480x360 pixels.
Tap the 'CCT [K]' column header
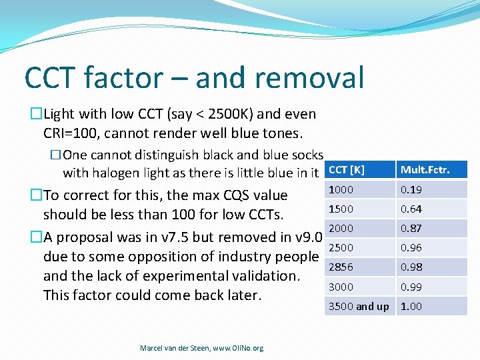[x=347, y=170]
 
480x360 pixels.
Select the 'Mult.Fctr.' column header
[x=425, y=170]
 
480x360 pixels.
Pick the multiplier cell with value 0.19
[x=411, y=190]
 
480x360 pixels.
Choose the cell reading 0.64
[x=411, y=209]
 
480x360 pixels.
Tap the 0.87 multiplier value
[x=411, y=229]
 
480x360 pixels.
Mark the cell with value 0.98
[x=411, y=267]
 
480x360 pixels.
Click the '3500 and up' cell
[x=359, y=307]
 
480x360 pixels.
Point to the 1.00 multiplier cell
[x=411, y=307]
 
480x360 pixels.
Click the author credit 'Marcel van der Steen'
[x=171, y=348]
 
